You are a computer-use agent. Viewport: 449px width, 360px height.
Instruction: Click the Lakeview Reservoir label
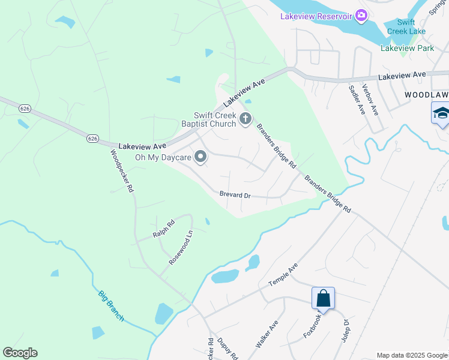pyautogui.click(x=316, y=16)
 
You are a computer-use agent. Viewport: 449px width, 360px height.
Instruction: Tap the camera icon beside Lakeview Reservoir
pyautogui.click(x=361, y=16)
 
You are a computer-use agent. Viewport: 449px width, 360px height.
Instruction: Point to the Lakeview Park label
pyautogui.click(x=407, y=48)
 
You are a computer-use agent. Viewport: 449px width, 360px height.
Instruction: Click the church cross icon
pyautogui.click(x=245, y=119)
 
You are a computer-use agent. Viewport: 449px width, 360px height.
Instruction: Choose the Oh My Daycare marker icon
pyautogui.click(x=200, y=158)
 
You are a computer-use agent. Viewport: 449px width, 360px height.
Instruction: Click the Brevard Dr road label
pyautogui.click(x=235, y=195)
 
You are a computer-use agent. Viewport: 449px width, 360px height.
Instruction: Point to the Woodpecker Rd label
pyautogui.click(x=122, y=170)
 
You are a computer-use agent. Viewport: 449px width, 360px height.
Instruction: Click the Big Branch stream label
pyautogui.click(x=111, y=306)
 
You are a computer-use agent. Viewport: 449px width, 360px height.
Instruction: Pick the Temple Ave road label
pyautogui.click(x=283, y=275)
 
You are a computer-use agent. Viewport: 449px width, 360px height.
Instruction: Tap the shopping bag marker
pyautogui.click(x=323, y=298)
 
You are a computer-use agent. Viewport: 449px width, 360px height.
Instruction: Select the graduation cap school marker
pyautogui.click(x=441, y=113)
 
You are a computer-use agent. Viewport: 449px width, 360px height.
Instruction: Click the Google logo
pyautogui.click(x=20, y=353)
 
